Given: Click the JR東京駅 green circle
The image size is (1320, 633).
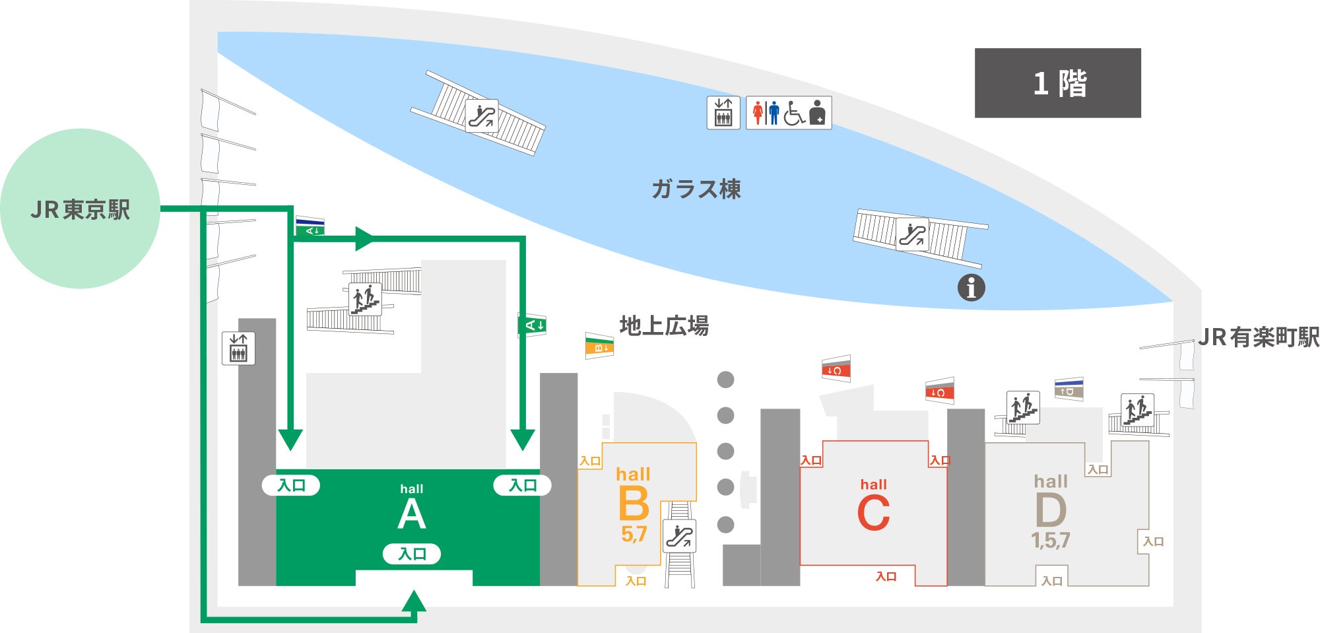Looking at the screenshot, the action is pos(80,209).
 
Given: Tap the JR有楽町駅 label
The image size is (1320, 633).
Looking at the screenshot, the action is pos(1259,337).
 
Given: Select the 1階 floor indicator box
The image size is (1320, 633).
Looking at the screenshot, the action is pos(1058,83).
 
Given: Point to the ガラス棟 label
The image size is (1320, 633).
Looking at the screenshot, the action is pos(696,189).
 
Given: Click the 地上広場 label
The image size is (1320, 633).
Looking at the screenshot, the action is pos(664,325).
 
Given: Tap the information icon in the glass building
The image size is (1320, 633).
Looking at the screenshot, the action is pos(971,288).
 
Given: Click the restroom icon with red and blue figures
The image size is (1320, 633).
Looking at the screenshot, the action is pos(789,113).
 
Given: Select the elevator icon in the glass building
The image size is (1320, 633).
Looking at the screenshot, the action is pos(723,113).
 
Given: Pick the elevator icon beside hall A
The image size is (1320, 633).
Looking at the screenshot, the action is pos(238,348).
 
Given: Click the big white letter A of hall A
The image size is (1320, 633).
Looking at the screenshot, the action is pos(412,514).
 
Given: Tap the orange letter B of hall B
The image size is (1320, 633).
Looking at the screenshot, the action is pos(634,504).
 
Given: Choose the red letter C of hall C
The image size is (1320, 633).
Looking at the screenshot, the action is pos(873,513).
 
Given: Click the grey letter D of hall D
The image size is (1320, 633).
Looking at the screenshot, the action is pos(1051,511).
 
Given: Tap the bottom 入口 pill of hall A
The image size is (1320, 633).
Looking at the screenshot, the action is pos(412,554).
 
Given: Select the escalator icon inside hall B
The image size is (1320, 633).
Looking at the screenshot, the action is pos(680,536).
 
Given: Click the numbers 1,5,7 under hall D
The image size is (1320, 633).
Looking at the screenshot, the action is pos(1050,541).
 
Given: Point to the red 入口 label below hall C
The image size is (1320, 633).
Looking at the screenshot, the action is pos(886,576).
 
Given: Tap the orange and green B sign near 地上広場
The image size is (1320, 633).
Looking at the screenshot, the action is pos(599,346).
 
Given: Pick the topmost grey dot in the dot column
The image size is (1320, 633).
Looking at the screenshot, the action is pos(725,380).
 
